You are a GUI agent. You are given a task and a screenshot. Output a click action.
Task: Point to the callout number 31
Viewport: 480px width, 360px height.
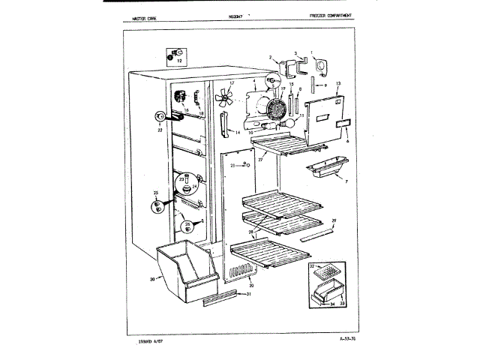(248, 294)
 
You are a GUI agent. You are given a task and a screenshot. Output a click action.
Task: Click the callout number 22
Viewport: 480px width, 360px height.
(160, 129)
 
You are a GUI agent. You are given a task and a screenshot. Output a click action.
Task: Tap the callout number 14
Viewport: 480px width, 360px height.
(238, 132)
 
